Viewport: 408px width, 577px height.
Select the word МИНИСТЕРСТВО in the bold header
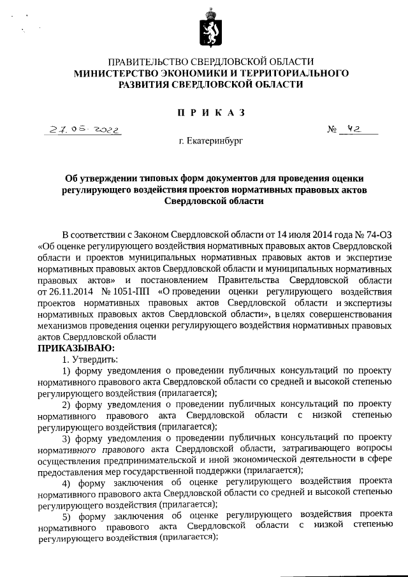point(114,73)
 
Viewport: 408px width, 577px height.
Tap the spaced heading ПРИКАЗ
point(211,113)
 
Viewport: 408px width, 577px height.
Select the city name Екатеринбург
point(215,140)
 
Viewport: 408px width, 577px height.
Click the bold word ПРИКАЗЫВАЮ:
point(76,348)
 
